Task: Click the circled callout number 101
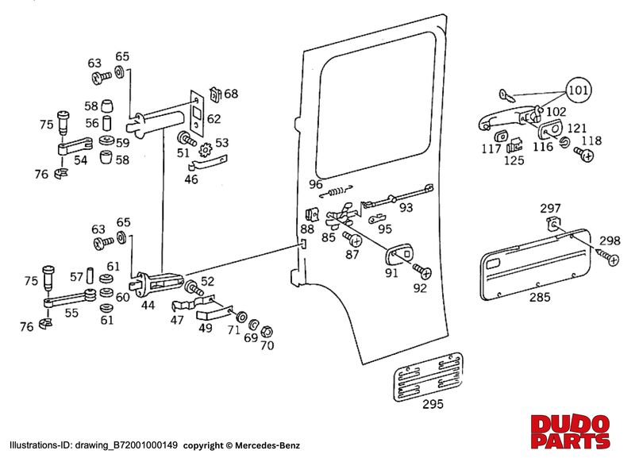[578, 91]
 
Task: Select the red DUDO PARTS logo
[569, 430]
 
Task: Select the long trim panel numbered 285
[537, 263]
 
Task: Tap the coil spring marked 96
[339, 191]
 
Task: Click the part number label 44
[148, 304]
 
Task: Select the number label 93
[406, 208]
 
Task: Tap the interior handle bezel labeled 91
[398, 255]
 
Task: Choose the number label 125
[514, 160]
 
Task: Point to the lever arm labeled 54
[80, 147]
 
